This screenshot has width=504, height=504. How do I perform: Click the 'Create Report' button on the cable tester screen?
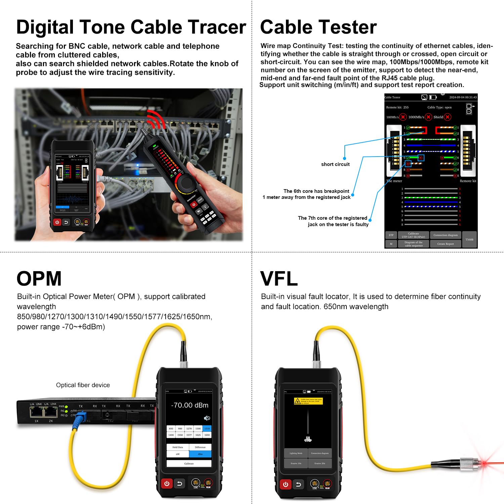click(445, 244)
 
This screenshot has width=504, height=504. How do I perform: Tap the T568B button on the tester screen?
click(469, 240)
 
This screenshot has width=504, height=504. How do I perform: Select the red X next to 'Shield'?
click(448, 117)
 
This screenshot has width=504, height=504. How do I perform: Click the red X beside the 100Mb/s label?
click(403, 117)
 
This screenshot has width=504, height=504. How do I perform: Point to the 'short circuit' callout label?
click(335, 164)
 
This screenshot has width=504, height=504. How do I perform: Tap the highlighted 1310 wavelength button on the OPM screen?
click(207, 428)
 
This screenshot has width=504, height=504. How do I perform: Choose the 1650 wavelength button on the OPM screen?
click(207, 435)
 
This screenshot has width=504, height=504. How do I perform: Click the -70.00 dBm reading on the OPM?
click(190, 405)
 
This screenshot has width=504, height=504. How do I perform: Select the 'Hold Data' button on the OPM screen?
click(178, 447)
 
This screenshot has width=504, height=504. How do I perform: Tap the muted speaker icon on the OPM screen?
click(207, 418)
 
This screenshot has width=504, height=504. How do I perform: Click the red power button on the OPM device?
click(167, 484)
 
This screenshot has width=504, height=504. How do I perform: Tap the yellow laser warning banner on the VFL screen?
click(308, 401)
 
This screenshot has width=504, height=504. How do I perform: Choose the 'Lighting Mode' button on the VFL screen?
click(296, 453)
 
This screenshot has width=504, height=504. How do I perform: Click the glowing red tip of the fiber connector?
click(484, 463)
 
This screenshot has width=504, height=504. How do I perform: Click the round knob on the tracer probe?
click(186, 183)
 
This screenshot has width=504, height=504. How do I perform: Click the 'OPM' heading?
click(39, 279)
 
